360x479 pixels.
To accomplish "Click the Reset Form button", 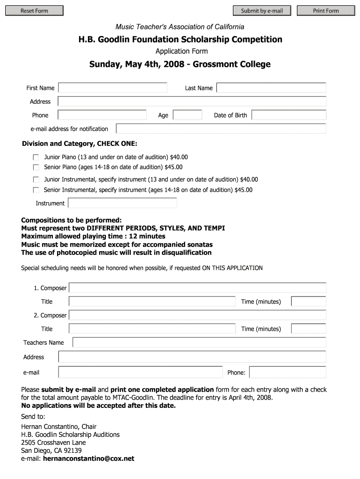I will pyautogui.click(x=35, y=11).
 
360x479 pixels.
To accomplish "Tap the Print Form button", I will pyautogui.click(x=326, y=11).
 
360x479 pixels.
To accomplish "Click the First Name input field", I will pyautogui.click(x=113, y=88).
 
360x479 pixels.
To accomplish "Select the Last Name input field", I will pyautogui.click(x=271, y=88).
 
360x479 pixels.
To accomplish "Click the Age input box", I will pyautogui.click(x=187, y=115).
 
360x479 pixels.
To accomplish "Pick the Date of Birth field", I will pyautogui.click(x=289, y=115).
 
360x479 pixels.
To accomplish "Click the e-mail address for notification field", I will pyautogui.click(x=221, y=129).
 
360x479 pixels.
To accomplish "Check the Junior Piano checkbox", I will pyautogui.click(x=36, y=158).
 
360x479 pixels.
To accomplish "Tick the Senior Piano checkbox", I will pyautogui.click(x=36, y=167).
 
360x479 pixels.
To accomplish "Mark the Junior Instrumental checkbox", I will pyautogui.click(x=36, y=180).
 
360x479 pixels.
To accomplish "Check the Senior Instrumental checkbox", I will pyautogui.click(x=36, y=190).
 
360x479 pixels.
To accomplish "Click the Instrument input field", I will pyautogui.click(x=122, y=203).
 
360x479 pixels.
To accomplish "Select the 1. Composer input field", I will pyautogui.click(x=198, y=288).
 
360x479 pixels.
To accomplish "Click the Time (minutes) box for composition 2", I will pyautogui.click(x=308, y=328).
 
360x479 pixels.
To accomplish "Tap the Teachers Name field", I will pyautogui.click(x=199, y=342).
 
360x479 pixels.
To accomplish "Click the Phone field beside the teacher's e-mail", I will pyautogui.click(x=288, y=372).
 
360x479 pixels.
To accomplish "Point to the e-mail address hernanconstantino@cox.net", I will pyautogui.click(x=88, y=458).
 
